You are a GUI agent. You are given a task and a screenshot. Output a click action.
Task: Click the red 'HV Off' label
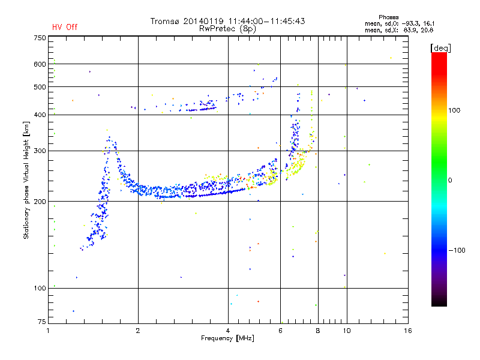coord(65,27)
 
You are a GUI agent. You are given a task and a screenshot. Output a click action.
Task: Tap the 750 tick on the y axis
coord(40,38)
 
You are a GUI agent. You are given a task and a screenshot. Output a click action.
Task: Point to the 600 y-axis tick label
coord(40,64)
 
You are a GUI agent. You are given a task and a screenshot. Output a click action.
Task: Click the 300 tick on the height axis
coord(40,151)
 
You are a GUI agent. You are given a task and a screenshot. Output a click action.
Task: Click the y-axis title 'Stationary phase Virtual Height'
coord(26,180)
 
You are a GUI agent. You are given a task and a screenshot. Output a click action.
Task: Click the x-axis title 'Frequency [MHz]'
coord(227,338)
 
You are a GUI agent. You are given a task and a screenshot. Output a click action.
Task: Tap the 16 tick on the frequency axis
coord(407,331)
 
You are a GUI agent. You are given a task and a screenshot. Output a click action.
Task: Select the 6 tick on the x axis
coord(280,331)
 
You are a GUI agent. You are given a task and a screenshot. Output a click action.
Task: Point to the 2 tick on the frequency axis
coord(138,331)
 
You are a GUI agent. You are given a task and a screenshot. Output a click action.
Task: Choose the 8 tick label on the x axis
coord(317,331)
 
